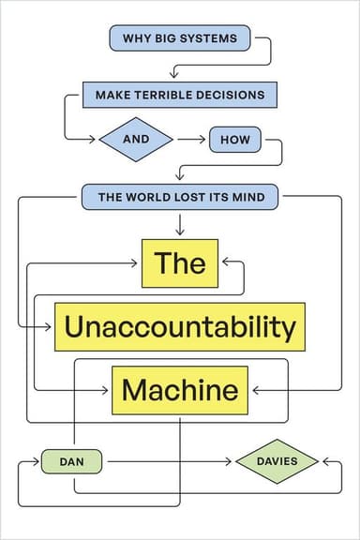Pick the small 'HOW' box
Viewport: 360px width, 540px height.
232,141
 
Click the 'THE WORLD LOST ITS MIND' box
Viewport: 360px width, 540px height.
179,198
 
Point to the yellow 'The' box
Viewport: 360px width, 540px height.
179,262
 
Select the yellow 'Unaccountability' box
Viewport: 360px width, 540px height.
180,327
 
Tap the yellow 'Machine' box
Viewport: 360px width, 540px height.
180,389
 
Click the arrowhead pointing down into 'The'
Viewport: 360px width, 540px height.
179,232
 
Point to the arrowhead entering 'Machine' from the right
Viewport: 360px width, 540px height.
253,389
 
